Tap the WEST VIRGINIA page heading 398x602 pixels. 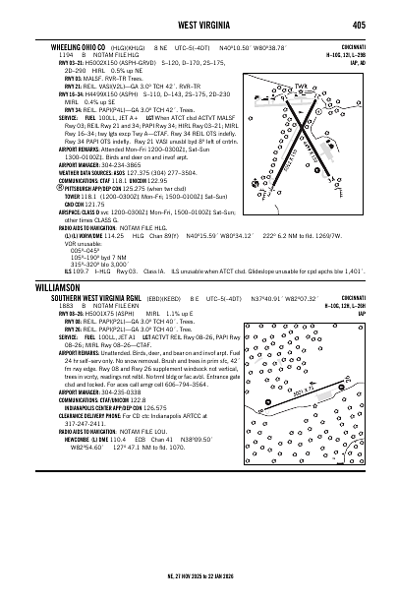click(199, 24)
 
